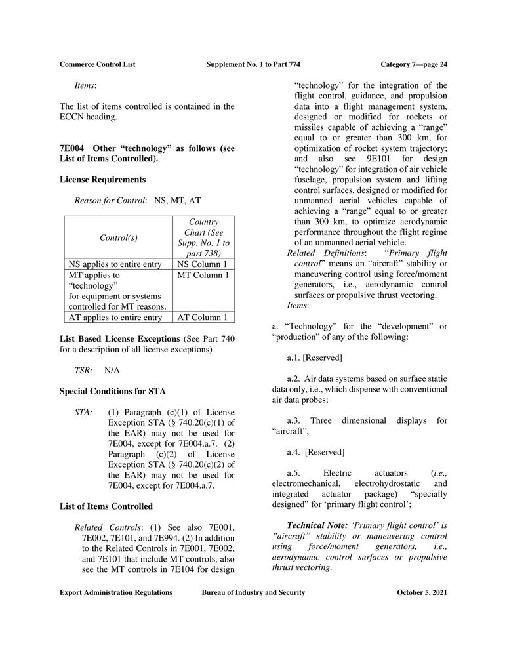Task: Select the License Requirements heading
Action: (x=102, y=179)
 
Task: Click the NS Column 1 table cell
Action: (x=203, y=264)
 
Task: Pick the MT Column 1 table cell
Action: (x=203, y=276)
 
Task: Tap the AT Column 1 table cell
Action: (x=203, y=318)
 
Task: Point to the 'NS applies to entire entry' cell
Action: (x=115, y=264)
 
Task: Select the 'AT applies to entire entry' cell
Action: (x=115, y=318)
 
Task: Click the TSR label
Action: (x=83, y=370)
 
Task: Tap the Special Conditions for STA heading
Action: (x=112, y=392)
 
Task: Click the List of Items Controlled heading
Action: (x=106, y=506)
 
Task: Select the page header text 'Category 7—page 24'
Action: (x=413, y=64)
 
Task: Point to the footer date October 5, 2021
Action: (x=422, y=592)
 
